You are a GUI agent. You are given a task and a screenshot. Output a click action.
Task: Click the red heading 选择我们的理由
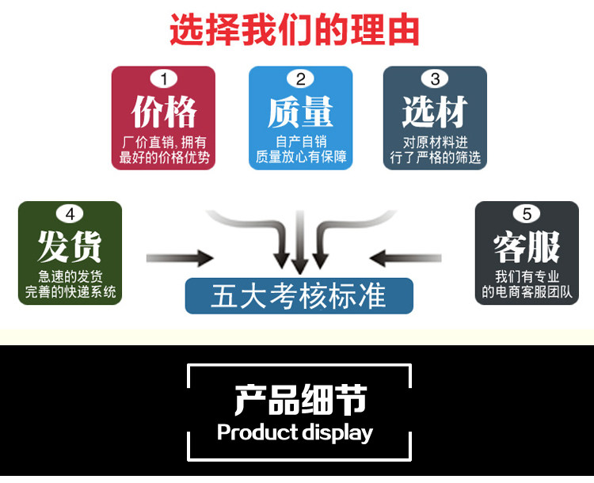pos(294,30)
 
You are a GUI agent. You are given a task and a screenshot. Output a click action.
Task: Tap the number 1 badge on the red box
pos(164,79)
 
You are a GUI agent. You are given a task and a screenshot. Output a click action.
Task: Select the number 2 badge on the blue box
pos(300,79)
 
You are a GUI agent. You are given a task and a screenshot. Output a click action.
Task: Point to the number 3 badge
pos(435,79)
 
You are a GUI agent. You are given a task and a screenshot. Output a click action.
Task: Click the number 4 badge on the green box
pos(70,214)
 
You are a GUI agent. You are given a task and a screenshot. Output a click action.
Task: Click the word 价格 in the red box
pos(164,112)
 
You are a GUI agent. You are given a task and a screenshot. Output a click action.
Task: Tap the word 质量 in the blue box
pos(300,112)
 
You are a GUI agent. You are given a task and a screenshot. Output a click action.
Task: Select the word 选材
pos(435,112)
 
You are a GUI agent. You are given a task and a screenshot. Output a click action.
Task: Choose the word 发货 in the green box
pos(70,247)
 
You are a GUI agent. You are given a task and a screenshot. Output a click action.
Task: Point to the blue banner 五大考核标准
pos(299,296)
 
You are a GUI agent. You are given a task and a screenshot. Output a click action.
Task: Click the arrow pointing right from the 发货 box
pos(180,257)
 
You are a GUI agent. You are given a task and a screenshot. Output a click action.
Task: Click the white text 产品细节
pos(300,401)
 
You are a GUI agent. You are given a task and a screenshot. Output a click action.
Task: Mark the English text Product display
pos(295,432)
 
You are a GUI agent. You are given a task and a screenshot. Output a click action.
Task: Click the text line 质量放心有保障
pos(300,157)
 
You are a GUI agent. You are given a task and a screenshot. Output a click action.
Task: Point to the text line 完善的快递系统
pos(70,291)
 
